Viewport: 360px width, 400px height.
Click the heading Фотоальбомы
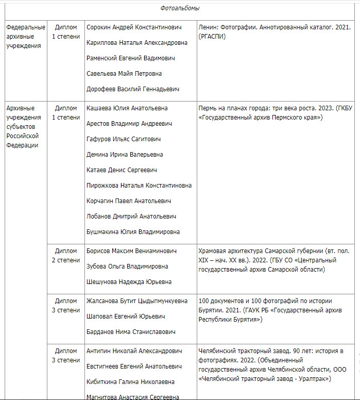point(180,8)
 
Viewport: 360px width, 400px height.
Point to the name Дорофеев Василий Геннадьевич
point(133,89)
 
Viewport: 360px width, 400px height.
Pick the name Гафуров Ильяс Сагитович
point(124,139)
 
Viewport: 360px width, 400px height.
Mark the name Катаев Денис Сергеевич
point(122,170)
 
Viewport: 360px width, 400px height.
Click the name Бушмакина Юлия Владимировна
point(133,232)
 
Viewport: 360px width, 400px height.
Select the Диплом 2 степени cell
point(66,256)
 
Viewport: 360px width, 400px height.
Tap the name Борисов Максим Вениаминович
point(131,251)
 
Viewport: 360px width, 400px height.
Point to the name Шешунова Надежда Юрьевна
point(129,282)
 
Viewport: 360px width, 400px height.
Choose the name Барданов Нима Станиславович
point(131,332)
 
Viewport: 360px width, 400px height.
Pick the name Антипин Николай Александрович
point(134,351)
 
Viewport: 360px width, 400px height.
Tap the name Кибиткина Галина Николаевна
point(131,382)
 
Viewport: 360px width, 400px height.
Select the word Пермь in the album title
point(208,108)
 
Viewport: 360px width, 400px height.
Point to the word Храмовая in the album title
point(213,251)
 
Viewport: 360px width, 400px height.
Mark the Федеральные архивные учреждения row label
point(26,37)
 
